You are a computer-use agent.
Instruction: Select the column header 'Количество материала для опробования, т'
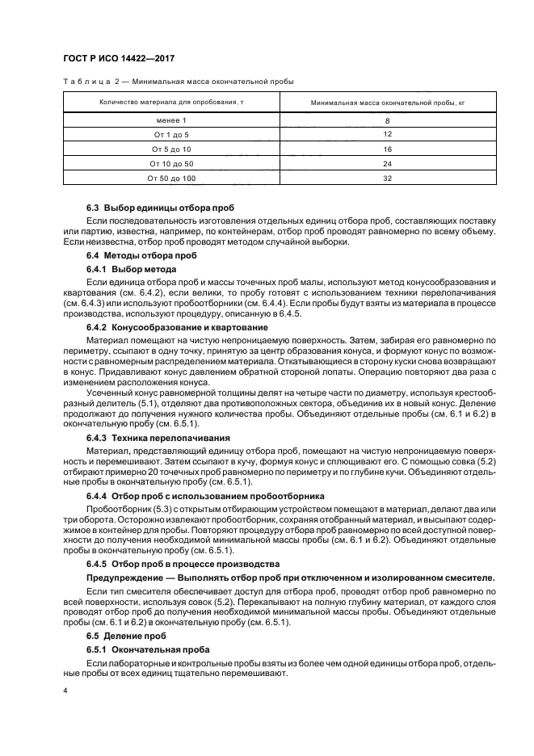(x=171, y=103)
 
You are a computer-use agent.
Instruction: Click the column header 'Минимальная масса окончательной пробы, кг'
(x=388, y=103)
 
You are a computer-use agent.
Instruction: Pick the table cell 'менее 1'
(x=171, y=120)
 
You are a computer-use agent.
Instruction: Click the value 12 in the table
(x=388, y=134)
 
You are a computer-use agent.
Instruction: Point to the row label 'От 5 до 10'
(x=171, y=149)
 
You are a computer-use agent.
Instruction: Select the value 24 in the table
(x=388, y=163)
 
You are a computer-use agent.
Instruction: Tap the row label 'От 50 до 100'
(x=171, y=178)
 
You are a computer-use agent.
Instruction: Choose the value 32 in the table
(x=388, y=178)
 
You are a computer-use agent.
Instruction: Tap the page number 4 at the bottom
(x=65, y=691)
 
